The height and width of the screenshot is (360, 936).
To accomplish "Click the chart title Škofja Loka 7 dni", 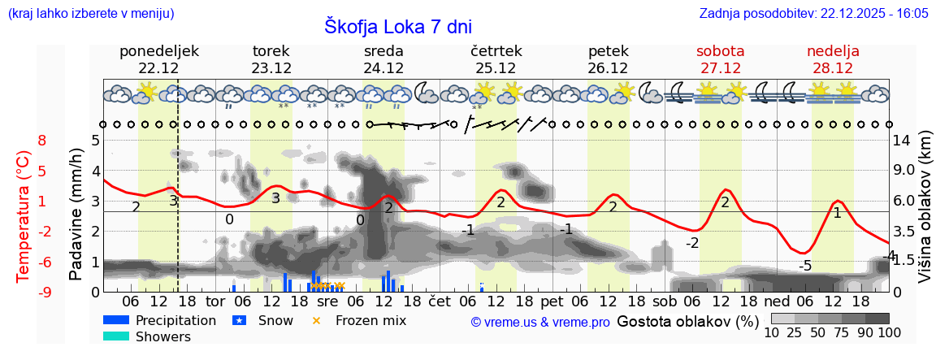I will (x=398, y=26).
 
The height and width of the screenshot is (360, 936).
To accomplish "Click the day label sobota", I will (x=720, y=51).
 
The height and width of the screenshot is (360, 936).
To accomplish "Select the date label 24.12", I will (x=383, y=68).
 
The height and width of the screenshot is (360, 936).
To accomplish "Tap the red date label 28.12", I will (x=833, y=68).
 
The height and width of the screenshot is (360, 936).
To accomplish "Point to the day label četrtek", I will (x=496, y=51).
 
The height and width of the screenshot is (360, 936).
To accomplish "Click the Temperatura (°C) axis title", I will (x=24, y=215).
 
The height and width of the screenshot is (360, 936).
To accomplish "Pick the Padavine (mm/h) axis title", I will (x=77, y=215).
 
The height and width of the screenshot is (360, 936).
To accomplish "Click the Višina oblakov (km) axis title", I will (x=924, y=215).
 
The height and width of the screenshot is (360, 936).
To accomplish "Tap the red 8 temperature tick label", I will (x=42, y=140).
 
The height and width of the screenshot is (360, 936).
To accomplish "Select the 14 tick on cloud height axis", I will (x=904, y=140).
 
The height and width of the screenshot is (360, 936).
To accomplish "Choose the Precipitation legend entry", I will (x=175, y=320).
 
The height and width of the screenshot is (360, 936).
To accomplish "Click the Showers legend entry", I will (x=163, y=336).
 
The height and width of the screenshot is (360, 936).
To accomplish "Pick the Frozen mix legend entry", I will (x=370, y=320).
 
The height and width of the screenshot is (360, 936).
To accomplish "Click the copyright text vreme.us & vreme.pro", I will (x=540, y=322).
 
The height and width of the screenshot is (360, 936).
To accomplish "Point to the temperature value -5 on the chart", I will (x=804, y=266).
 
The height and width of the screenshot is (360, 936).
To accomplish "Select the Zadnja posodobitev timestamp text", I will (x=813, y=13).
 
